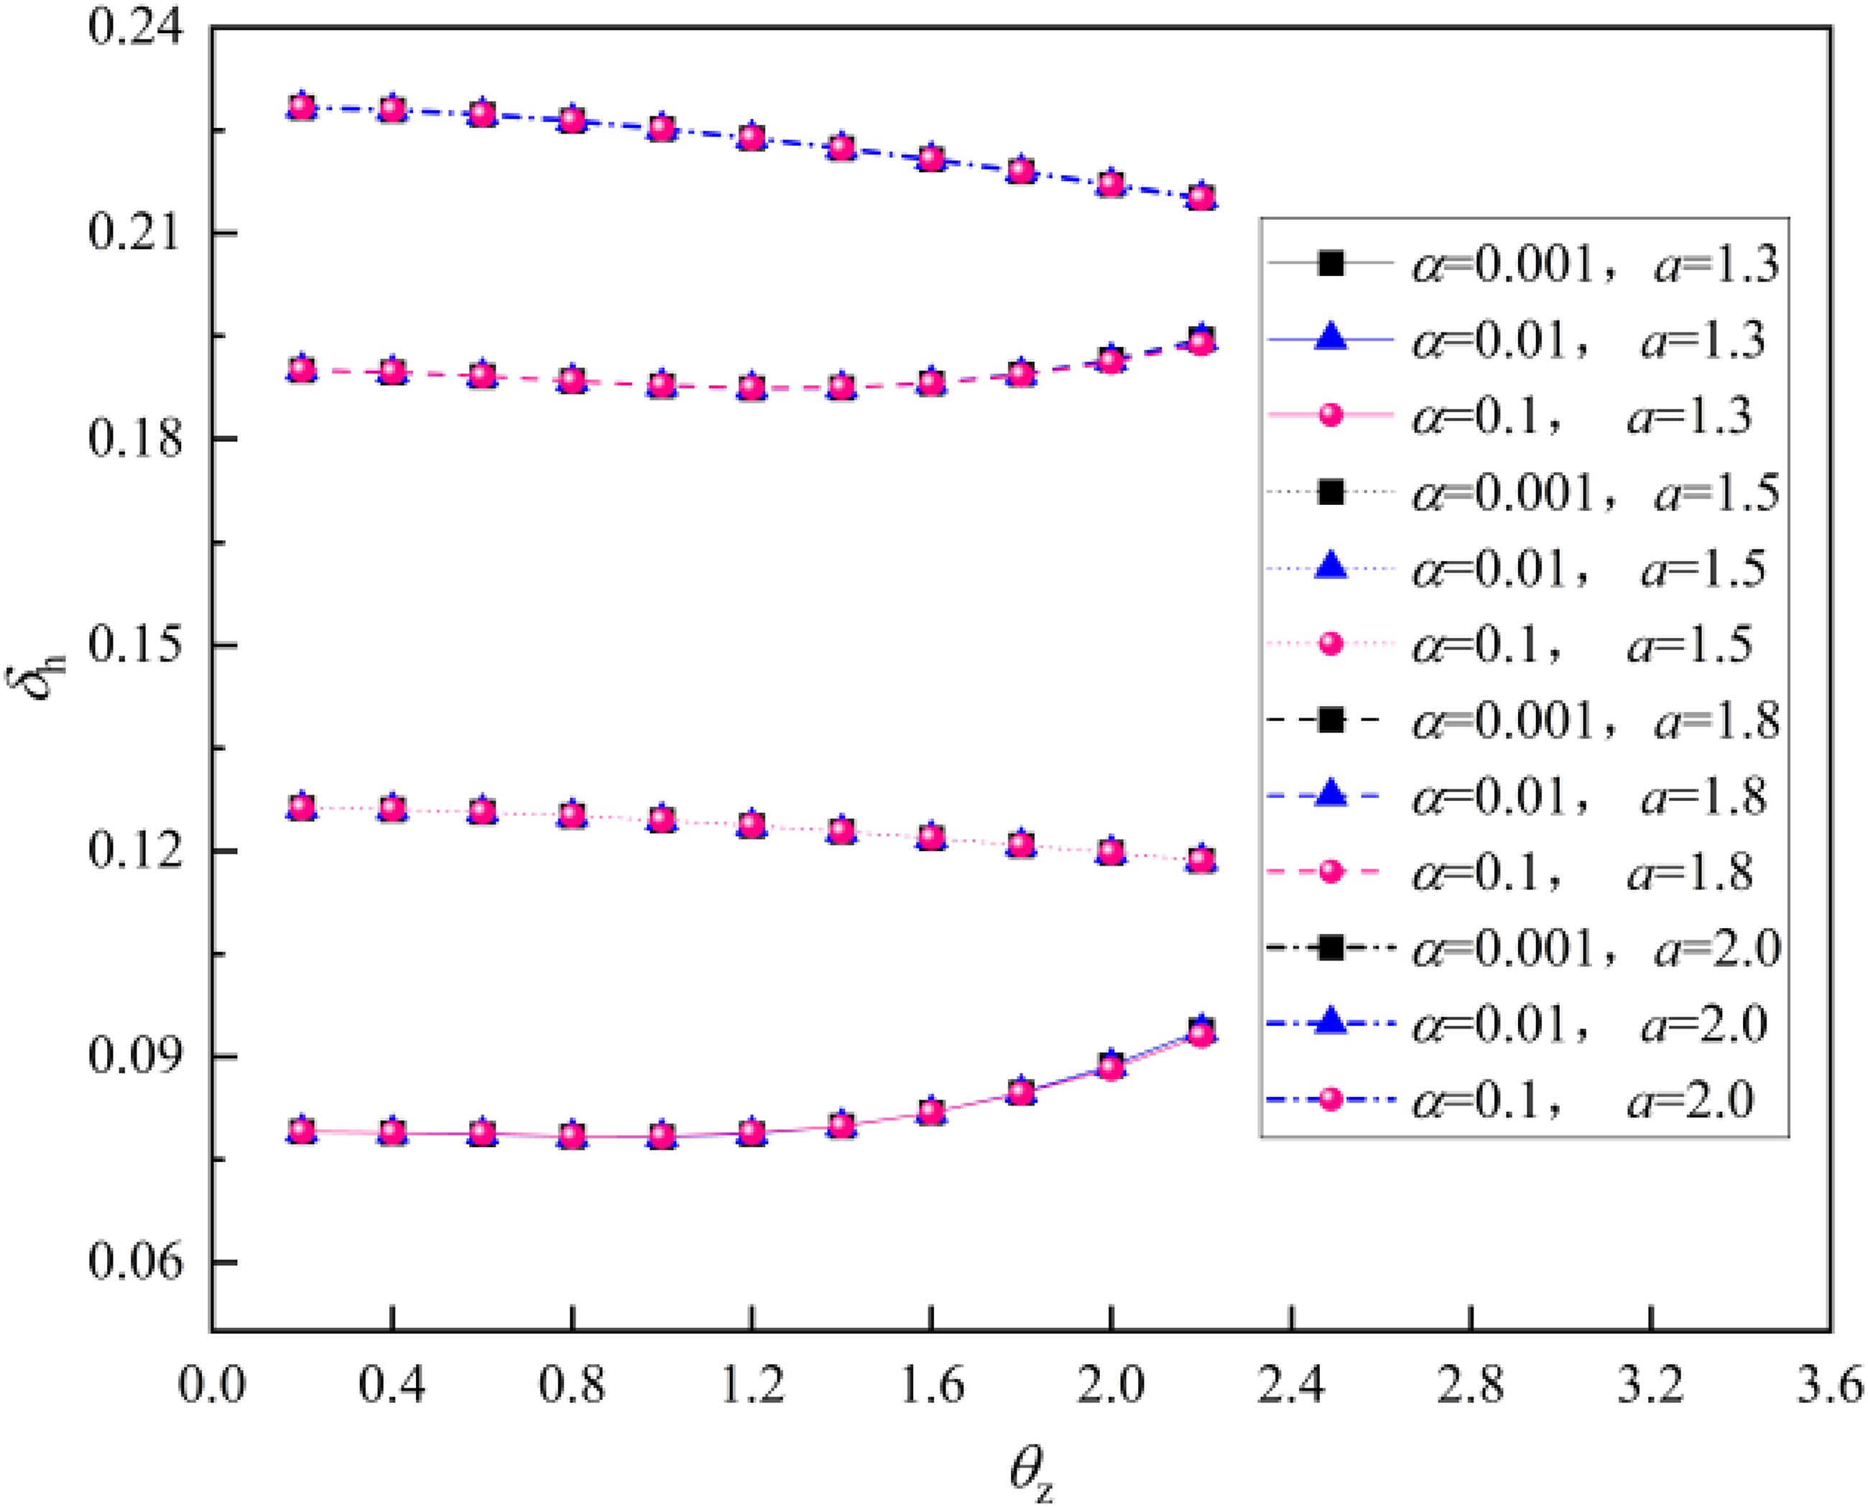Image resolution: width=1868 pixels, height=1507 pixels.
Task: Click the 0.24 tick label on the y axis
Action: (x=137, y=28)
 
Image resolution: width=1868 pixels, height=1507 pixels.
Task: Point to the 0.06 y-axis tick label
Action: (x=137, y=1261)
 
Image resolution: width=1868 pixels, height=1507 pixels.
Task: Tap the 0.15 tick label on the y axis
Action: (x=137, y=645)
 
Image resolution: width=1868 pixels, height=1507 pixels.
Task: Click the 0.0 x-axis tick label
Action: (x=212, y=1385)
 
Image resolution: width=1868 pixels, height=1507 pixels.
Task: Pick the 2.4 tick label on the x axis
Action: (x=1292, y=1385)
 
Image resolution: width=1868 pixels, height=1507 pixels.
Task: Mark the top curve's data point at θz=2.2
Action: (x=1201, y=197)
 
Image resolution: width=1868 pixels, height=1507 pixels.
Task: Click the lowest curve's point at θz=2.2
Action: (x=1201, y=1033)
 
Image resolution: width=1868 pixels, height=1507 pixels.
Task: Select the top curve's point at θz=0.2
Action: (x=301, y=108)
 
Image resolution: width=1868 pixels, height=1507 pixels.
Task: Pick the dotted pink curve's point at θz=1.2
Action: (x=752, y=824)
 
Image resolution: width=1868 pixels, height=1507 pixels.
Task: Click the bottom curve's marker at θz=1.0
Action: (x=662, y=1136)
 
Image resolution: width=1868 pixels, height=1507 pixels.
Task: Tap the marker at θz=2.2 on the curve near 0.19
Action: (x=1201, y=343)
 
